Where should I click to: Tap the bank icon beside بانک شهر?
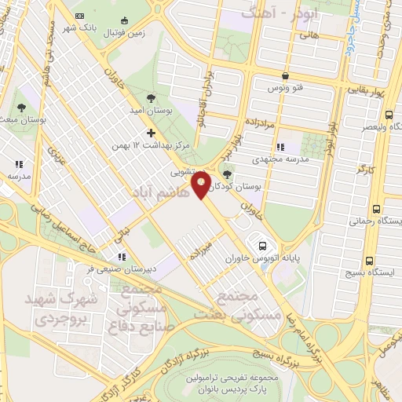coord(79,15)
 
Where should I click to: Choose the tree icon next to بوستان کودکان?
coord(228,175)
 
